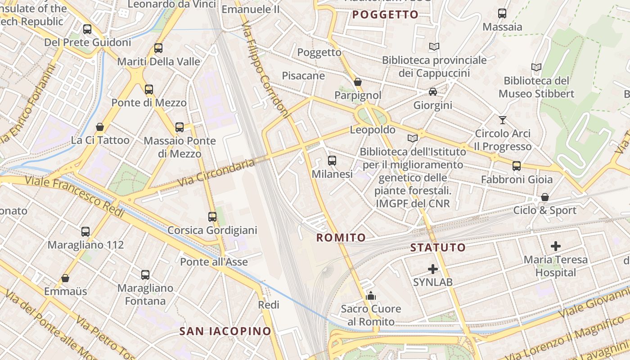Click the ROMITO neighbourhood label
click(341, 238)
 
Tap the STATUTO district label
click(438, 247)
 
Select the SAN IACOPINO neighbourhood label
click(225, 332)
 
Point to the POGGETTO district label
click(385, 15)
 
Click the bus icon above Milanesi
click(332, 160)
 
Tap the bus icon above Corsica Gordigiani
click(212, 217)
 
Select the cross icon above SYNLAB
click(433, 269)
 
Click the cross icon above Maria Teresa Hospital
click(556, 246)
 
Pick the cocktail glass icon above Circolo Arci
click(503, 120)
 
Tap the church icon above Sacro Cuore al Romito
click(371, 296)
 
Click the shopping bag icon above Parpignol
click(358, 82)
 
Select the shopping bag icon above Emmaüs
click(65, 278)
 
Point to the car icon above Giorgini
click(433, 92)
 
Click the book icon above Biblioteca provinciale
click(434, 46)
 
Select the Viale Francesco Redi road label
click(74, 197)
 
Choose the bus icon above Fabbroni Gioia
click(517, 166)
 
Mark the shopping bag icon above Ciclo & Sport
click(545, 197)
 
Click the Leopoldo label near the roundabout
click(373, 130)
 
